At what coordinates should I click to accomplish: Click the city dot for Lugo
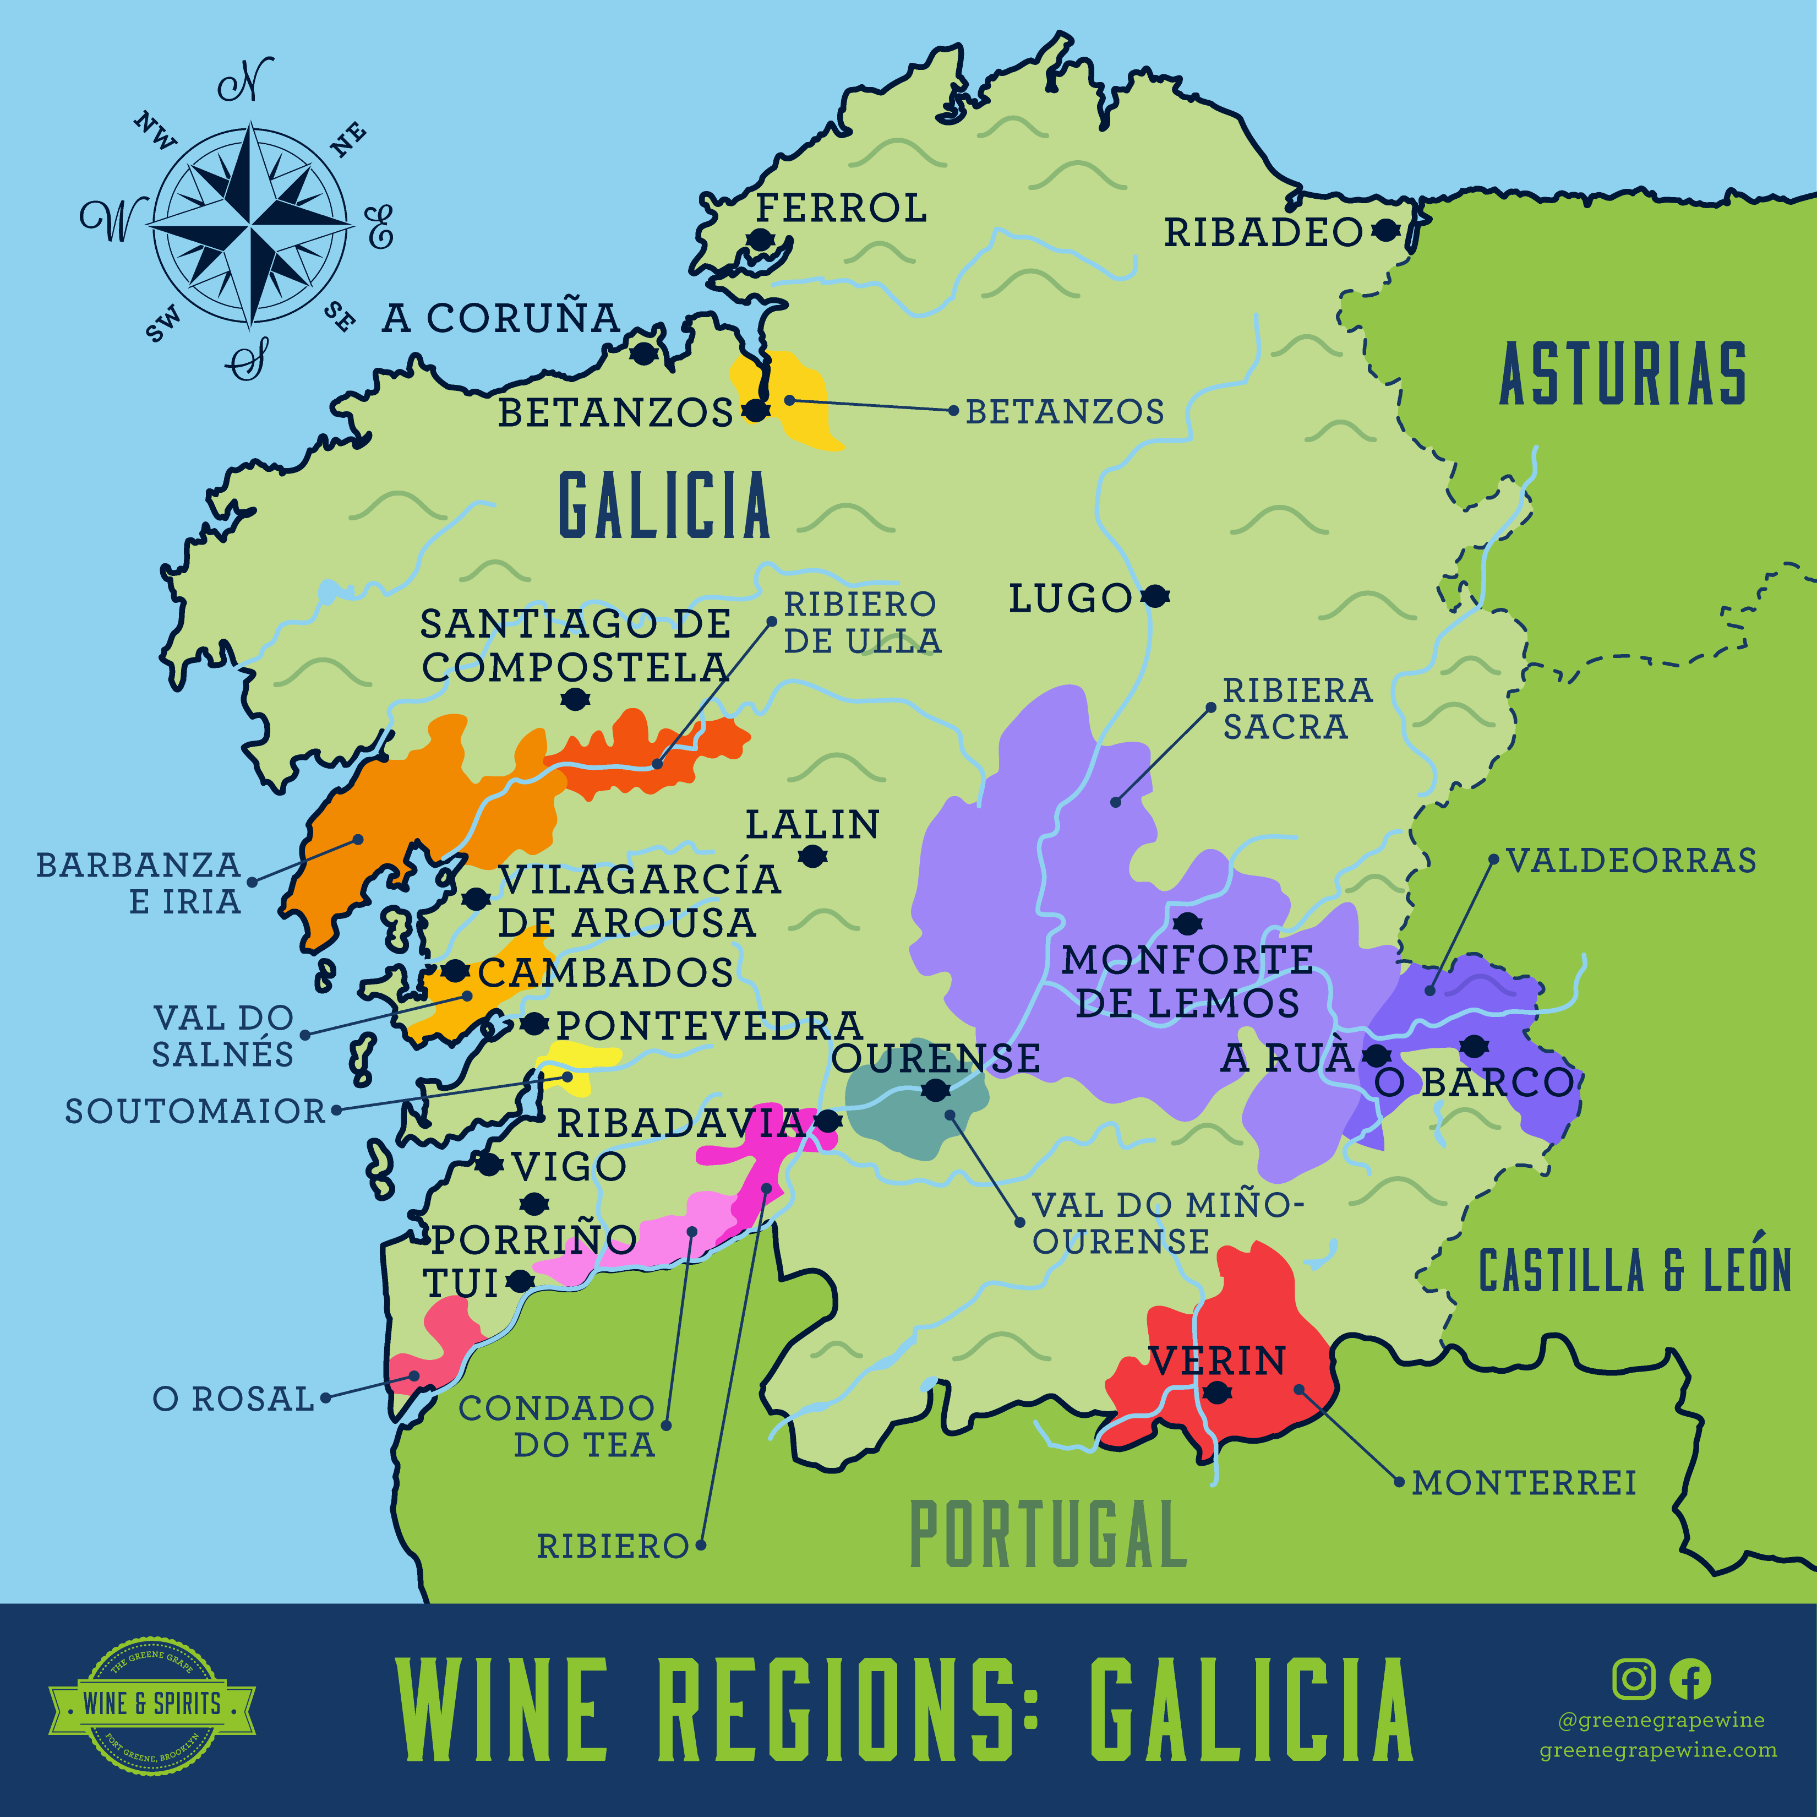click(x=1155, y=596)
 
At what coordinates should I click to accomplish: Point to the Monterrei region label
click(x=1524, y=1483)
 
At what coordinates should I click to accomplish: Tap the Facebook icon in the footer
click(x=1690, y=1679)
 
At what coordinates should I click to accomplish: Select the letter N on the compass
click(x=247, y=82)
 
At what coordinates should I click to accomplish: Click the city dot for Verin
click(x=1217, y=1392)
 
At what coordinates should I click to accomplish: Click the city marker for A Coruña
click(x=643, y=354)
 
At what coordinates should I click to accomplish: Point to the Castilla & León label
click(x=1635, y=1271)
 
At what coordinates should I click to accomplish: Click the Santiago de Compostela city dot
click(x=575, y=699)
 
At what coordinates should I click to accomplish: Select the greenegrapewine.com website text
click(x=1658, y=1750)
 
